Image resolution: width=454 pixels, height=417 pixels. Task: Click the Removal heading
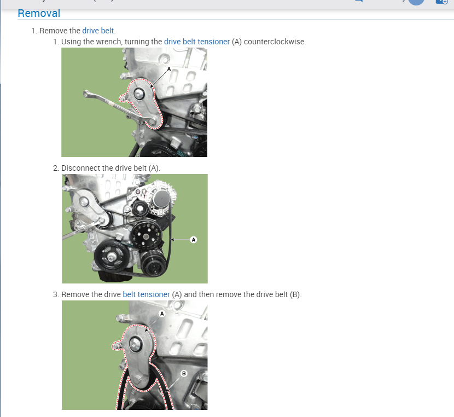point(39,13)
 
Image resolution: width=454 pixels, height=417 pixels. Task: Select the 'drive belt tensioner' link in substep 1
point(196,42)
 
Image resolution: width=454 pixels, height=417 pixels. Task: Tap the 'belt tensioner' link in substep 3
point(146,294)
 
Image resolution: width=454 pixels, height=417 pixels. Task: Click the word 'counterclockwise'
point(275,42)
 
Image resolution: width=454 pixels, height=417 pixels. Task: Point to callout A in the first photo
point(169,69)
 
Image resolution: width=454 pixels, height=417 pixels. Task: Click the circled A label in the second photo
point(193,239)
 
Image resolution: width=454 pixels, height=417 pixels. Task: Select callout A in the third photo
point(162,314)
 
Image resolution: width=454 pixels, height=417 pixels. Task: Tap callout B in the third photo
point(184,373)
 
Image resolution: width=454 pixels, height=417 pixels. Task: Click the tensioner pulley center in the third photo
point(135,345)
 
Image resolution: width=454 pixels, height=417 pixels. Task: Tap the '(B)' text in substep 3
point(295,294)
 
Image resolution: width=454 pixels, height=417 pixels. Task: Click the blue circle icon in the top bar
point(416,2)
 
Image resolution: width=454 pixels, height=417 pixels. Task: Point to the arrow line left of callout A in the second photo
point(181,239)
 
